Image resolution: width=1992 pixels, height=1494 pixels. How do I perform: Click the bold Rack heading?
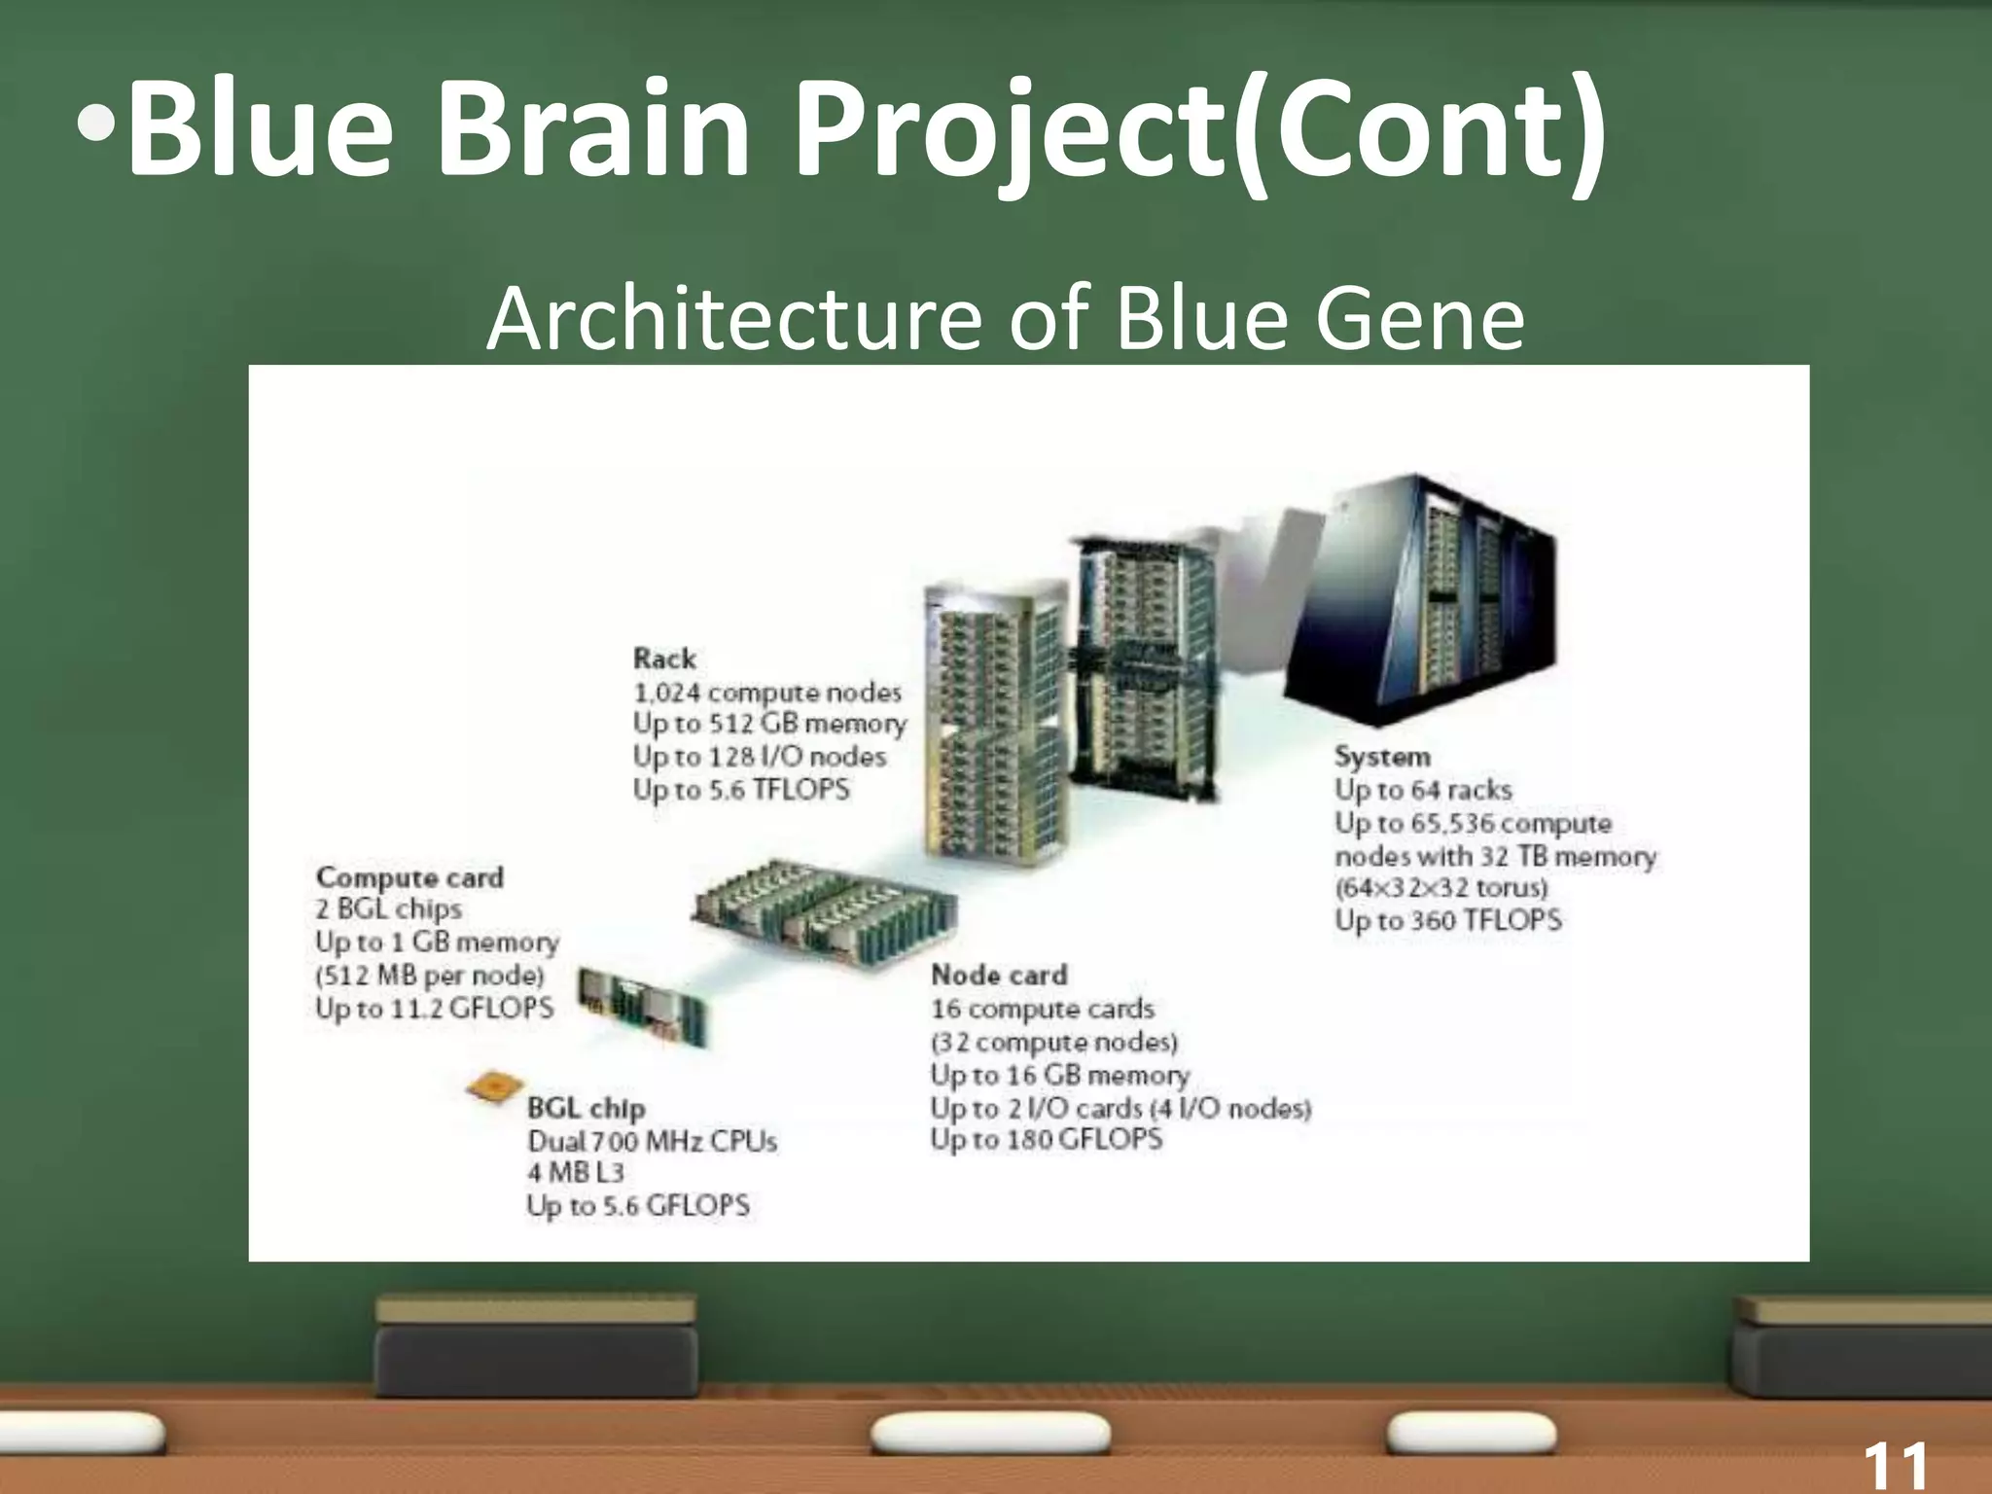664,658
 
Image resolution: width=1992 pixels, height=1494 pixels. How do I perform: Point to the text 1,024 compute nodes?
767,693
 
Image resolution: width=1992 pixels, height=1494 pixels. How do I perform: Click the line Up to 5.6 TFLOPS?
741,789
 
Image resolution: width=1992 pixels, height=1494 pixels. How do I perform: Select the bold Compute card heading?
409,877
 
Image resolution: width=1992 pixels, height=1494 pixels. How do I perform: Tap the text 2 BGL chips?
388,909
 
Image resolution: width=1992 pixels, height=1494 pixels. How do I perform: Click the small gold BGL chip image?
494,1086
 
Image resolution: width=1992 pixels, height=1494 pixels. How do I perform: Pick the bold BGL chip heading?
587,1108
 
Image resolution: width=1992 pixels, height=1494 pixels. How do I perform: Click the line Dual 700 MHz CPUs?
652,1141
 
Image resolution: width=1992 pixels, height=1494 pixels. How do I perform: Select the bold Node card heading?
999,975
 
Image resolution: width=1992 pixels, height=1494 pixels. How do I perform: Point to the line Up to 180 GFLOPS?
1046,1139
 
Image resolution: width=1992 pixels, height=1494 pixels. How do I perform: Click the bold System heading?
1382,757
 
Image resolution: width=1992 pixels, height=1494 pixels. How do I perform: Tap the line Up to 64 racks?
1423,790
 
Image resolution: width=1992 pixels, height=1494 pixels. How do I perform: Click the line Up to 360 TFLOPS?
1447,920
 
